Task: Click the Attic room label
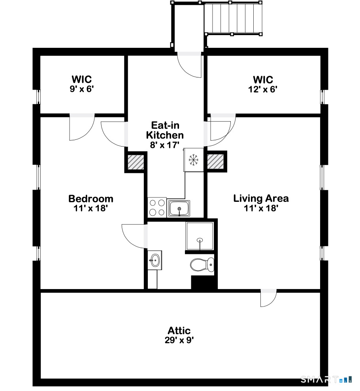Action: pos(179,331)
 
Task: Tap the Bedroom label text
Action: pos(90,199)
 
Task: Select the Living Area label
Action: pos(261,198)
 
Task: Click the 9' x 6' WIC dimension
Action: pos(81,89)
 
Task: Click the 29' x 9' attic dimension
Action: pos(179,340)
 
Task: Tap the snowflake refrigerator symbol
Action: pos(193,160)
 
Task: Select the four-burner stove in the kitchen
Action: pos(157,207)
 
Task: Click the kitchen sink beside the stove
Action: pos(179,208)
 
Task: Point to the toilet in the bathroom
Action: pos(202,264)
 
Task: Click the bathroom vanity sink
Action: pos(155,260)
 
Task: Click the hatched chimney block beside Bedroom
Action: pos(135,162)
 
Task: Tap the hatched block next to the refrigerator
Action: pos(216,162)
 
